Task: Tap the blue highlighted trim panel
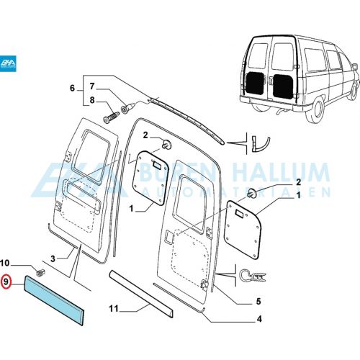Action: click(x=54, y=300)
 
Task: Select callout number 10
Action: click(x=4, y=264)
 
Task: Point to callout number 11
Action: click(x=114, y=309)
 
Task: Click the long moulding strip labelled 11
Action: click(x=141, y=294)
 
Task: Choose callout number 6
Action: click(x=72, y=88)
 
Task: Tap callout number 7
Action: click(x=92, y=86)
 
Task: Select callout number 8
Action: click(x=92, y=100)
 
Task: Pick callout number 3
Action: click(x=53, y=258)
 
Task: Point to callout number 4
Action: click(x=259, y=319)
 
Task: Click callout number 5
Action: click(x=258, y=301)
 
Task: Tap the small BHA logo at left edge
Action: click(x=8, y=63)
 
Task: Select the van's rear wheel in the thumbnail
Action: click(x=315, y=111)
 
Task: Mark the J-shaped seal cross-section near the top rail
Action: click(x=261, y=145)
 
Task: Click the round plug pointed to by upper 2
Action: click(x=166, y=144)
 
